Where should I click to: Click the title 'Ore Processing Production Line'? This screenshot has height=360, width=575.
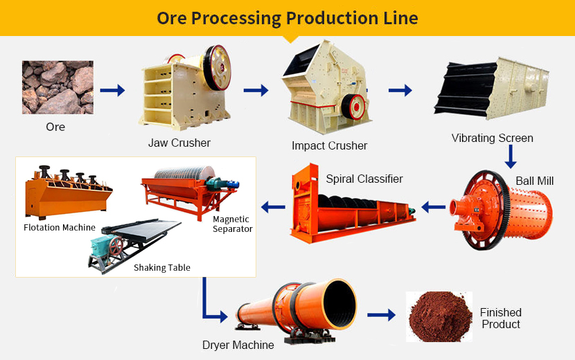[287, 18]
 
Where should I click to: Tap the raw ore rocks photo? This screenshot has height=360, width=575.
[57, 87]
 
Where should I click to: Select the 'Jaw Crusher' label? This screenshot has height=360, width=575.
[179, 143]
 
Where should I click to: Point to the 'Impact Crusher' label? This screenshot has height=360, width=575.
[329, 146]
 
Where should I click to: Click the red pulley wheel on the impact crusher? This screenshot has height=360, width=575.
[357, 106]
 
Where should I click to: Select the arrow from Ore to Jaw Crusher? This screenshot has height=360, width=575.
[112, 90]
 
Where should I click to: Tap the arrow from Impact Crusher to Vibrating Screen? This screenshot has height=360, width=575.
[400, 90]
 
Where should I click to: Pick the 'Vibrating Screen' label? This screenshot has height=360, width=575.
[492, 138]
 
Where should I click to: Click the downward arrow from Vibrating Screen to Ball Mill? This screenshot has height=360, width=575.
[511, 156]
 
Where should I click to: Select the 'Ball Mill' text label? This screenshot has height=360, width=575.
[534, 181]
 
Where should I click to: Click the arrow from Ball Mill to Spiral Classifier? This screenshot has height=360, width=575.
[434, 206]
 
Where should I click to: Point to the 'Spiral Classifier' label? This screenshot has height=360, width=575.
[364, 179]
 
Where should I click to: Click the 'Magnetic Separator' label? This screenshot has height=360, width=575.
[232, 224]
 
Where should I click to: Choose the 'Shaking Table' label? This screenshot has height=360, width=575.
[162, 268]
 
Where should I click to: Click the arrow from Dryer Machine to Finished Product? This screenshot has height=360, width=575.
[380, 315]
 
